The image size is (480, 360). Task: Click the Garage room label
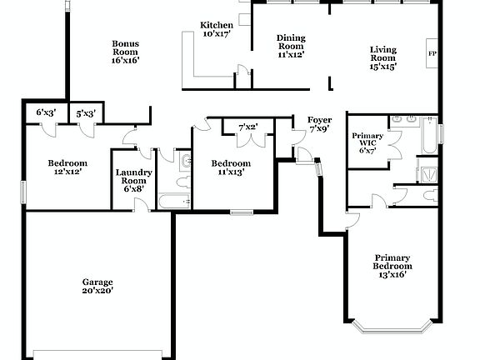pos(97,282)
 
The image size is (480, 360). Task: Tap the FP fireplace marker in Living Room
pos(432,54)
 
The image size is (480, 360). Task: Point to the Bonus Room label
pos(125,52)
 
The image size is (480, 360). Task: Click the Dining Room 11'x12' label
pos(291,46)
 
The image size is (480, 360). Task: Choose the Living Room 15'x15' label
pos(383,57)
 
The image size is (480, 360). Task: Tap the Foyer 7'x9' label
pos(320,125)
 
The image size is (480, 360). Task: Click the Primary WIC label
pos(367,142)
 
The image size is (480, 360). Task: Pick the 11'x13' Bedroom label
pos(230,167)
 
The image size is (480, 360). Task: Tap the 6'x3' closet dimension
pos(46,112)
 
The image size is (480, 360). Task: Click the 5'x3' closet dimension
pos(86,113)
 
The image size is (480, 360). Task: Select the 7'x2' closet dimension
pos(247,127)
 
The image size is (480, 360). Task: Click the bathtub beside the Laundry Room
pos(174,200)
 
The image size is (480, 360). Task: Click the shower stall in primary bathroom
pos(429,174)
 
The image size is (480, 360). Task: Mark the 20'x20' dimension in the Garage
pos(97,291)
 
